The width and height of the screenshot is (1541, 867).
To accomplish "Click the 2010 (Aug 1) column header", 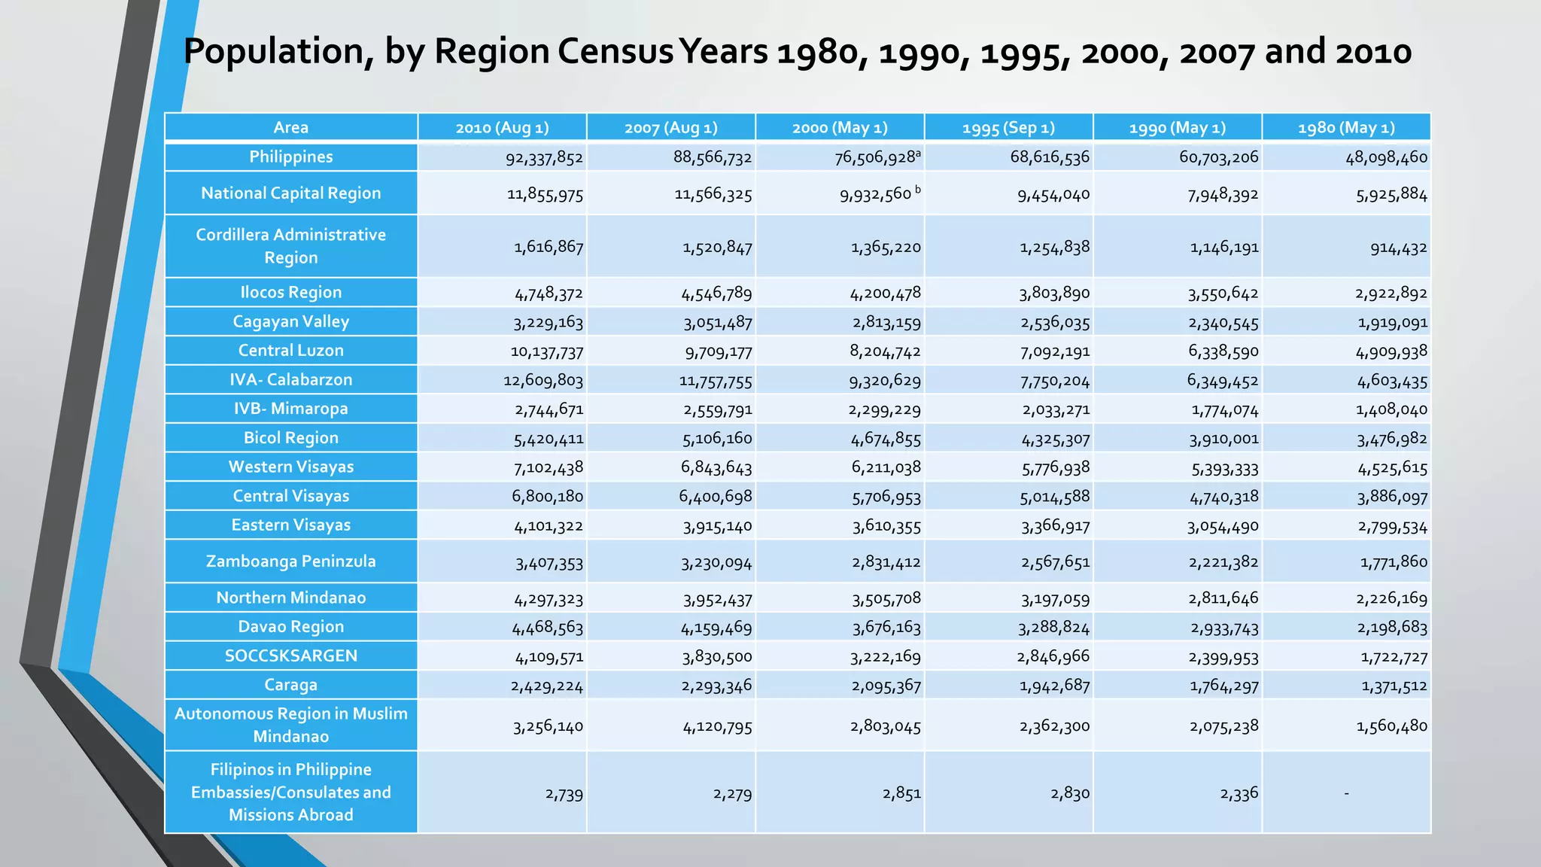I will (502, 128).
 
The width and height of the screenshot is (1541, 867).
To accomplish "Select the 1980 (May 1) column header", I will (1346, 128).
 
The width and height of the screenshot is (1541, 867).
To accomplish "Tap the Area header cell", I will (290, 128).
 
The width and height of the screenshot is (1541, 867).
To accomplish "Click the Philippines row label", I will (290, 157).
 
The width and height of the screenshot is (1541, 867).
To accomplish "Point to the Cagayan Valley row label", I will (290, 322).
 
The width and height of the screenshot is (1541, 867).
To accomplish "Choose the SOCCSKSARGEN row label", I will (290, 656).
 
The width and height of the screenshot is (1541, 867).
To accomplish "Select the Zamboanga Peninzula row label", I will (290, 561).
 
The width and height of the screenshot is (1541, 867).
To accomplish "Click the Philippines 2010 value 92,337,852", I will (544, 158).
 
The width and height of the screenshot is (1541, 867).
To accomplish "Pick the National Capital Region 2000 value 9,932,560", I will (876, 195).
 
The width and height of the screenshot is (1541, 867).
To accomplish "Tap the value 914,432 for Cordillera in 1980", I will (1398, 248).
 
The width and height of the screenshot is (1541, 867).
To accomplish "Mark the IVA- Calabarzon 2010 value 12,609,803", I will (543, 381).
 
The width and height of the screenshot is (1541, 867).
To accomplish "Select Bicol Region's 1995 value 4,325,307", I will (1055, 440).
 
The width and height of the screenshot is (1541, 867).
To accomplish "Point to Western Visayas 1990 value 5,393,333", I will (1224, 469).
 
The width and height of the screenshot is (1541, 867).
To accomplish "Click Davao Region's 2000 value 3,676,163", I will (886, 628).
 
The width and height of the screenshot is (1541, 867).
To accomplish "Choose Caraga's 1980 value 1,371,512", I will (1394, 686).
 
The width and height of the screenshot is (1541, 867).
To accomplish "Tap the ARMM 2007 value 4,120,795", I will (717, 727).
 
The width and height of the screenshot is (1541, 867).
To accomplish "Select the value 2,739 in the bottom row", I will (564, 794).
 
